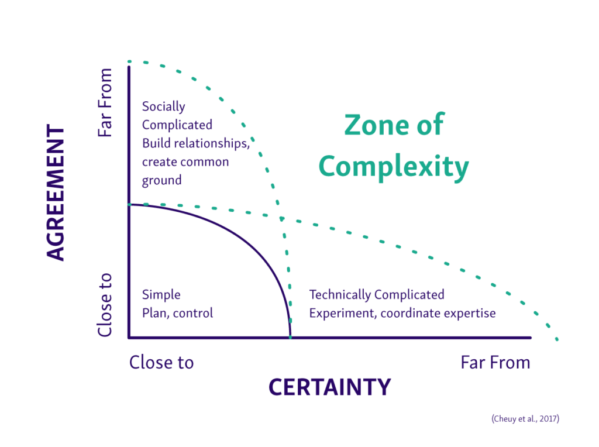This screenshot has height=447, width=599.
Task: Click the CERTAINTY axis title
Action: (329, 387)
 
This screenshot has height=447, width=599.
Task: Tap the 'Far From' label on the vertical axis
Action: (105, 103)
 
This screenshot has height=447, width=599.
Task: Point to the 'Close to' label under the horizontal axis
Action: (161, 363)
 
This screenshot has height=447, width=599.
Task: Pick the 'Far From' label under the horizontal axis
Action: (495, 363)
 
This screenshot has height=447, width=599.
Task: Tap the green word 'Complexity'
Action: (394, 166)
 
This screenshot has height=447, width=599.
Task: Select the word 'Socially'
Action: (164, 106)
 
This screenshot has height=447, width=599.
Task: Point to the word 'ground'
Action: (162, 181)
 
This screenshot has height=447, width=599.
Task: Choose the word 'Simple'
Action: (161, 294)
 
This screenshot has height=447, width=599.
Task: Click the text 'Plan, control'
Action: (178, 313)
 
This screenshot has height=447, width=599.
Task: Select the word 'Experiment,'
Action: (342, 313)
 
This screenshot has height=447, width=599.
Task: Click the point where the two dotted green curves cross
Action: (281, 219)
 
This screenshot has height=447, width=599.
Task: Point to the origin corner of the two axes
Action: (129, 338)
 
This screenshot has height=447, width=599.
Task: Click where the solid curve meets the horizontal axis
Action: (290, 338)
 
